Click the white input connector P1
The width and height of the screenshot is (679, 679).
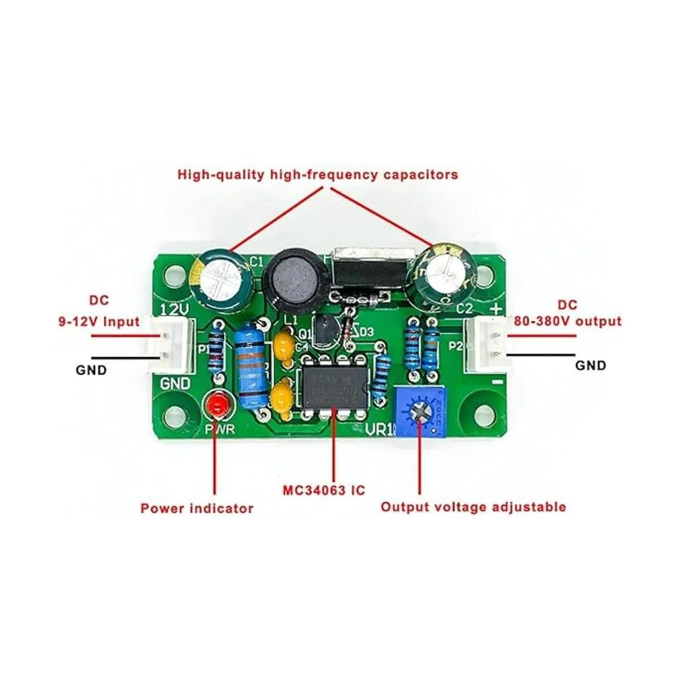coord(164,345)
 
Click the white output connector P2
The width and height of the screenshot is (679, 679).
coord(488,347)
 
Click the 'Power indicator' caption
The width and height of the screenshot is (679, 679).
coord(196,508)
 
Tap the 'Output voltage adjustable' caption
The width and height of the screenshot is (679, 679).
coord(472,506)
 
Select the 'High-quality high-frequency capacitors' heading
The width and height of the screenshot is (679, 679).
coord(317,174)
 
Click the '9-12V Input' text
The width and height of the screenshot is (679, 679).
coord(98,322)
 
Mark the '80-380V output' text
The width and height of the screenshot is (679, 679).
coord(568,321)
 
